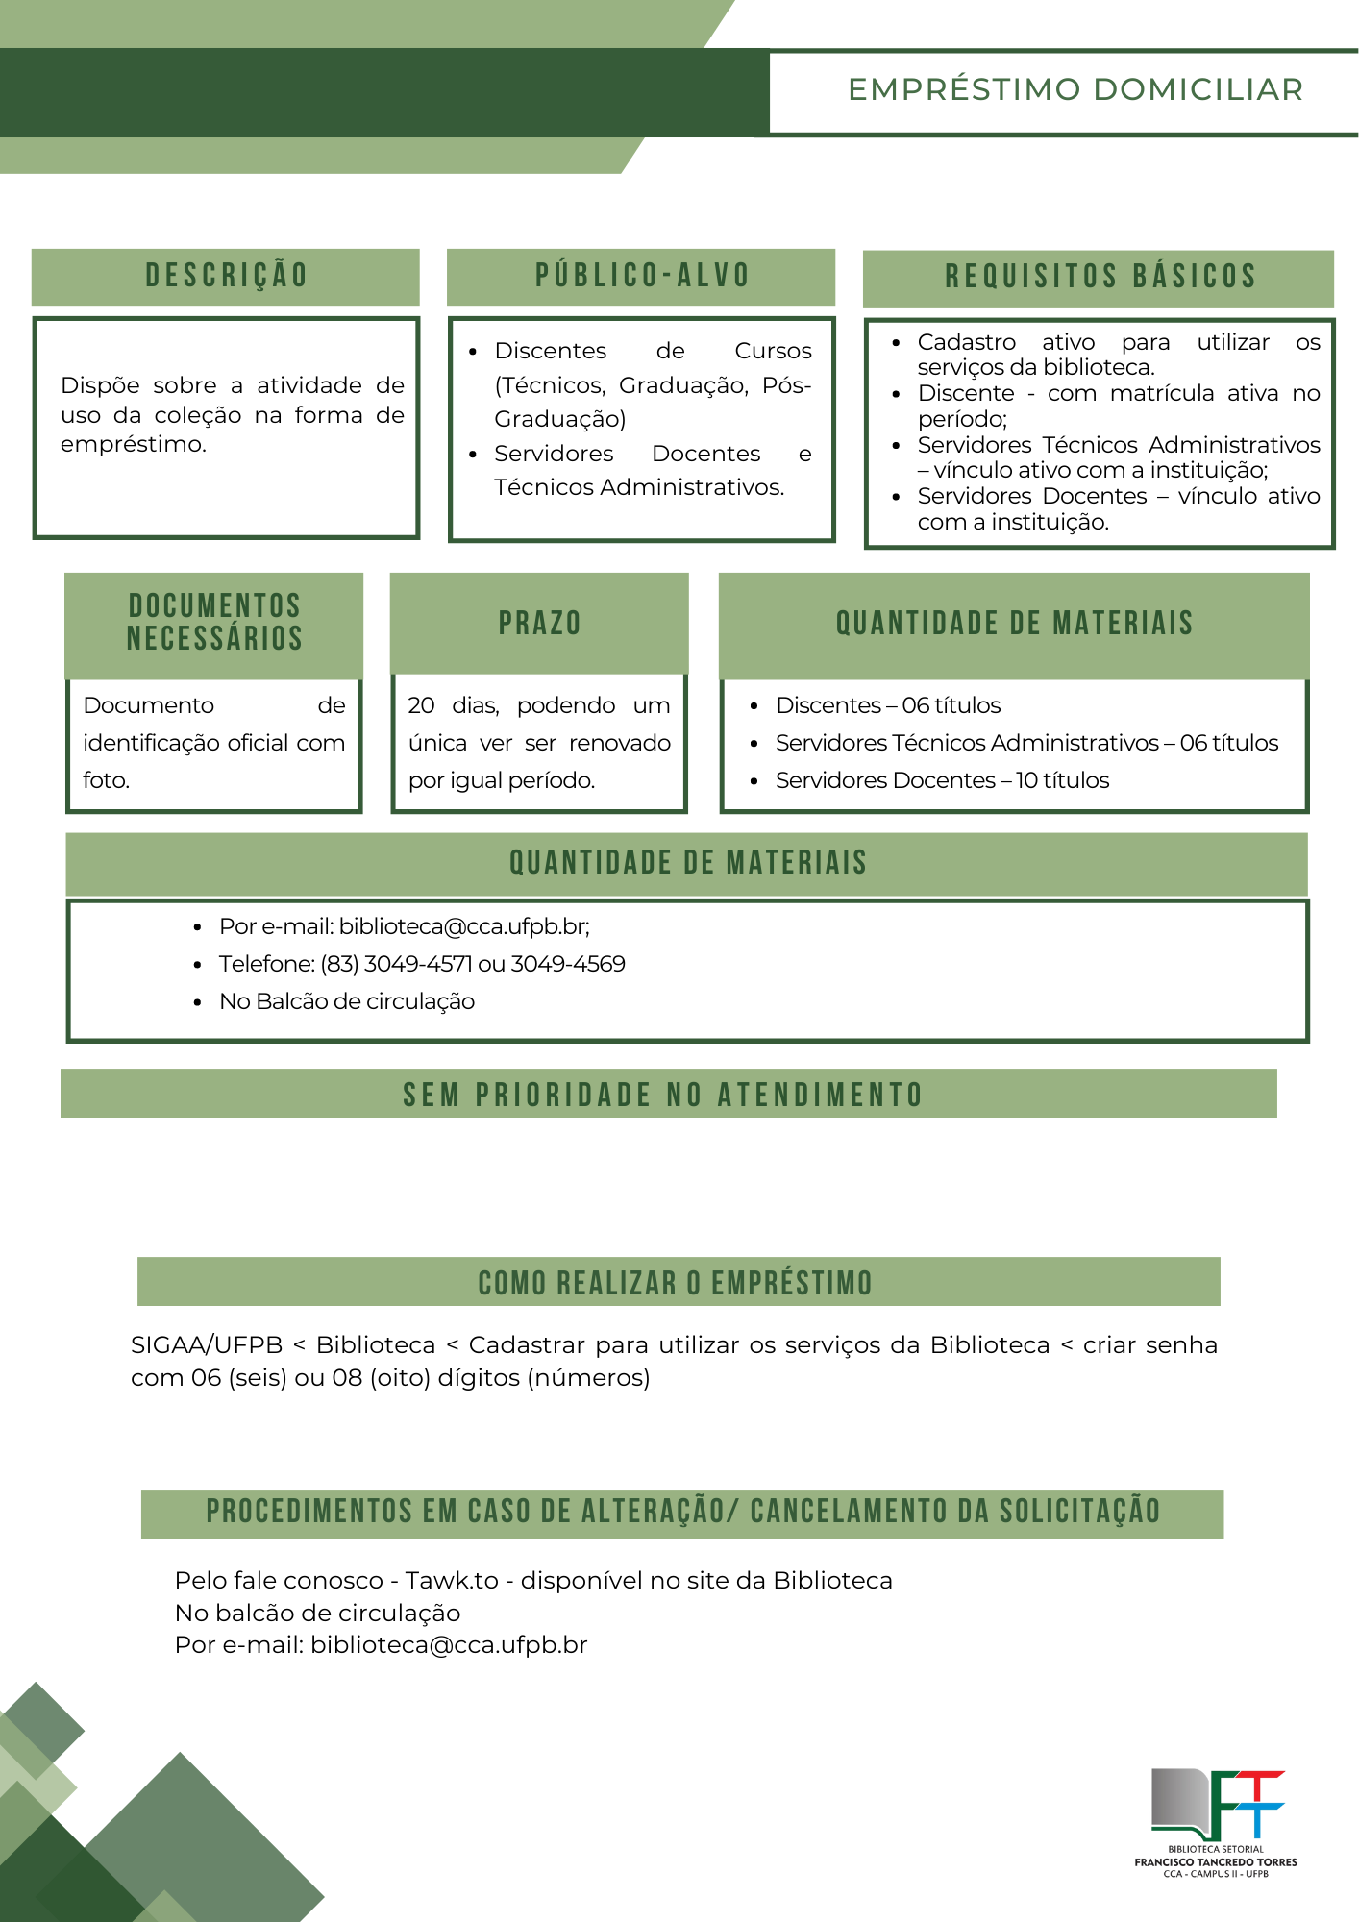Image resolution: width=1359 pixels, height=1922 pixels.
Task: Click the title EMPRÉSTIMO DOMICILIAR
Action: (x=1075, y=89)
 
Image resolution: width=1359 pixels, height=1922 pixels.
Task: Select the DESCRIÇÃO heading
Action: (x=227, y=276)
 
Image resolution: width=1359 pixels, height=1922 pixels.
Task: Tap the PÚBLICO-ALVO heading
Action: (x=642, y=276)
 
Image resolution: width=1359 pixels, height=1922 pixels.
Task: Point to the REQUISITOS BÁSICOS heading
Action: (x=1100, y=277)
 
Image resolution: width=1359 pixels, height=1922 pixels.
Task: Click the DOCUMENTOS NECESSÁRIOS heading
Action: (x=214, y=622)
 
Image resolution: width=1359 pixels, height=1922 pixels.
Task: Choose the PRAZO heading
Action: (x=539, y=623)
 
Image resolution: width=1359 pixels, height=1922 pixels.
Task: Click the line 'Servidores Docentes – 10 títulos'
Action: (x=942, y=780)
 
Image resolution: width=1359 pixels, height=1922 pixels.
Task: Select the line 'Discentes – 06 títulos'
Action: (x=888, y=705)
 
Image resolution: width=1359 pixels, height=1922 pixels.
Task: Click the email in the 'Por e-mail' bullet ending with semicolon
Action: (x=463, y=926)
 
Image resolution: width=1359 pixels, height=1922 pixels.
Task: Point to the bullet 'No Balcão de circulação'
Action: (x=347, y=1001)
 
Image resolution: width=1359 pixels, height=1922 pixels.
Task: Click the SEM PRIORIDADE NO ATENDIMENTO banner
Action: (x=663, y=1095)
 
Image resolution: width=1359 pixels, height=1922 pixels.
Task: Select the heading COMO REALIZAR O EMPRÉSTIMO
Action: (x=676, y=1283)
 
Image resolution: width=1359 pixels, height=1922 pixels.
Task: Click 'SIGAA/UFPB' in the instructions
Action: (x=207, y=1345)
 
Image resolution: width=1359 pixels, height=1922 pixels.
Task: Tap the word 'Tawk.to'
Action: (x=452, y=1581)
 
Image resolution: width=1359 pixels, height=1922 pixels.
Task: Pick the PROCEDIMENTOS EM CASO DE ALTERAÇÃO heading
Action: (x=682, y=1512)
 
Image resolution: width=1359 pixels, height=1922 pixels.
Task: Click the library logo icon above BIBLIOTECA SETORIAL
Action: (x=1217, y=1805)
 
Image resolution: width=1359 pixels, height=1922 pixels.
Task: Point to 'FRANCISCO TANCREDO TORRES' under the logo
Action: (x=1216, y=1862)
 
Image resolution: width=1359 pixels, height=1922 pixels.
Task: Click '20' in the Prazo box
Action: (x=421, y=705)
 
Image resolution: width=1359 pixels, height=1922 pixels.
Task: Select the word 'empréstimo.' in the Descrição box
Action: (x=134, y=444)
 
